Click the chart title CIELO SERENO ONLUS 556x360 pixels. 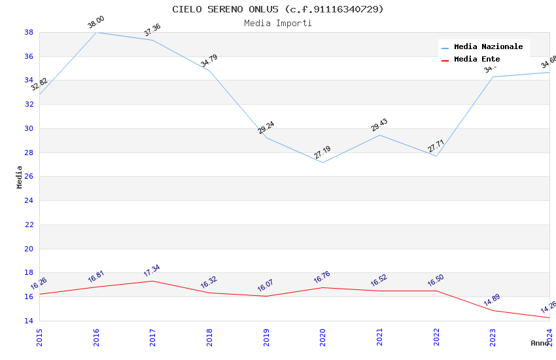tap(278, 9)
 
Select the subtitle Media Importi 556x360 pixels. tap(278, 23)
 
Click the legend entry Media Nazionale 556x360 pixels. tap(488, 46)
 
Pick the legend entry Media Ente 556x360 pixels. tap(477, 59)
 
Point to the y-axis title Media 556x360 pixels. tap(20, 177)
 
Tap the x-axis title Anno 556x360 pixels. tap(540, 343)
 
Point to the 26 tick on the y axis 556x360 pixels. tap(29, 177)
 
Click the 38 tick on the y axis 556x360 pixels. tap(29, 32)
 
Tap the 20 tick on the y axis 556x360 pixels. tap(29, 249)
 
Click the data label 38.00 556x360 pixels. tap(96, 23)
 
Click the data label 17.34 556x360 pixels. tap(152, 271)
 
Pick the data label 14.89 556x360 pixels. tap(492, 301)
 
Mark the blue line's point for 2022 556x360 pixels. tap(436, 156)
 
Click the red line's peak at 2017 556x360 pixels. tap(152, 281)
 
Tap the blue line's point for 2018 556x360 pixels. tap(209, 71)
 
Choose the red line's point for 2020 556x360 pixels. tap(322, 287)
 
